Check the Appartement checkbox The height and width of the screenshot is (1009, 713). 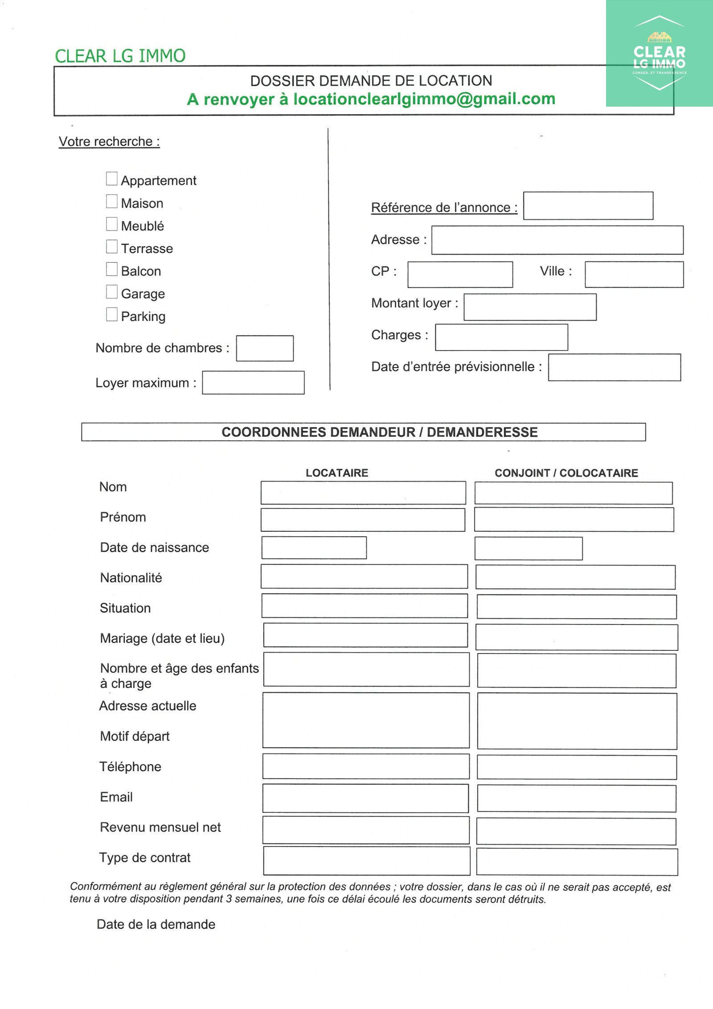tap(112, 179)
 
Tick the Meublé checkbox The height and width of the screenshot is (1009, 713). tap(112, 224)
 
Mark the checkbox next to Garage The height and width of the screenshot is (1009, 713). tap(112, 292)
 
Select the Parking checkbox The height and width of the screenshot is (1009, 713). tap(112, 314)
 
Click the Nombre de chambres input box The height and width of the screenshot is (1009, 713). tap(265, 348)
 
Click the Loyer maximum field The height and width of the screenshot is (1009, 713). tap(253, 383)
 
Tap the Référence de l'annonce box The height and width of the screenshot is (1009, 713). tap(588, 206)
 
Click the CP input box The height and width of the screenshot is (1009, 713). tap(460, 274)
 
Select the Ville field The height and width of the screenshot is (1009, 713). tap(634, 274)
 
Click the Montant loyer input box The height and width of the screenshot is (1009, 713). tap(530, 307)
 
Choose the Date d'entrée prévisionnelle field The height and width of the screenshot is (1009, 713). tap(615, 368)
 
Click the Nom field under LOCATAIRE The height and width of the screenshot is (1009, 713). tap(363, 493)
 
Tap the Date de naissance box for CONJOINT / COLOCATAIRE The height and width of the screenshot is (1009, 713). tap(529, 549)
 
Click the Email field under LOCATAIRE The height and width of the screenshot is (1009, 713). tap(365, 798)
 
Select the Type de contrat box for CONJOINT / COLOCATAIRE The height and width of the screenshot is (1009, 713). tap(577, 862)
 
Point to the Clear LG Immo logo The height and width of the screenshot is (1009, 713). tap(659, 54)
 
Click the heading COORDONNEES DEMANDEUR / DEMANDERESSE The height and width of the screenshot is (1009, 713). tap(380, 432)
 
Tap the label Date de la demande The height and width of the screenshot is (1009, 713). tap(156, 924)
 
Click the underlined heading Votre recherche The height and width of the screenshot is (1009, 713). tap(109, 141)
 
